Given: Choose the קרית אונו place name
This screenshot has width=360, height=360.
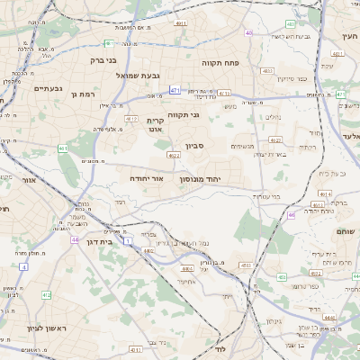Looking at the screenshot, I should [x=155, y=124].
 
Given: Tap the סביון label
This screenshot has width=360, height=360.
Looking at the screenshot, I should [x=197, y=145].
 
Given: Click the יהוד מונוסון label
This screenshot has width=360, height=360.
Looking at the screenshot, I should [x=220, y=180].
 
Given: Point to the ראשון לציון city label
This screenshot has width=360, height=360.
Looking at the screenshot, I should [x=48, y=328].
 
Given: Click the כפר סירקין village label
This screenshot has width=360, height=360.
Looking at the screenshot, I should [x=293, y=79].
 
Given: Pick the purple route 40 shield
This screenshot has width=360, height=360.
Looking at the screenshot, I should [x=248, y=33].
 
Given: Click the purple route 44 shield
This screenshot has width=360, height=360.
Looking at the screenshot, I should [x=75, y=240].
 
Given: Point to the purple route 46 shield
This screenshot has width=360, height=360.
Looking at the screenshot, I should [x=292, y=215].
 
